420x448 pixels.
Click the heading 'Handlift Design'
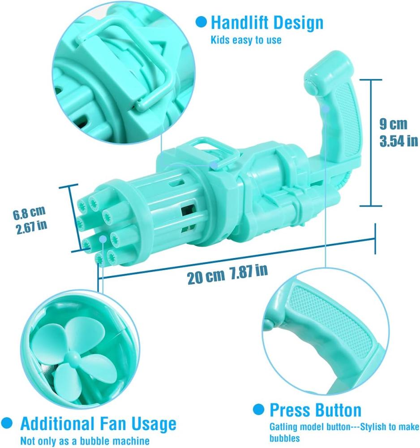pyautogui.click(x=267, y=22)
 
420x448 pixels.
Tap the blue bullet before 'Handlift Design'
pyautogui.click(x=201, y=22)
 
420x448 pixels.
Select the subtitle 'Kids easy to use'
pyautogui.click(x=246, y=40)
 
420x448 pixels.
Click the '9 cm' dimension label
pyautogui.click(x=393, y=124)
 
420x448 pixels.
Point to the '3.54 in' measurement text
pyautogui.click(x=399, y=141)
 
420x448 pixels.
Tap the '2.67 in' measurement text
pyautogui.click(x=31, y=227)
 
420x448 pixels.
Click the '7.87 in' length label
pyautogui.click(x=249, y=271)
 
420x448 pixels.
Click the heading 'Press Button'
pyautogui.click(x=316, y=410)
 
